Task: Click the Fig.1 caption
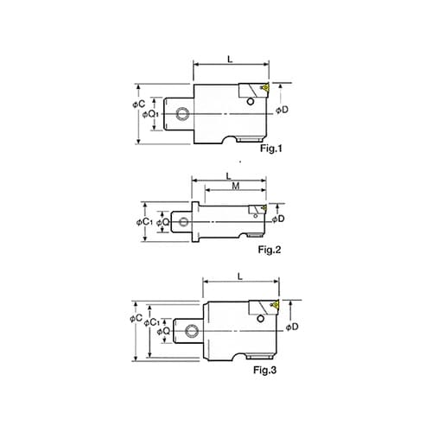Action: [x=271, y=149]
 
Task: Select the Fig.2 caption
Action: [x=270, y=250]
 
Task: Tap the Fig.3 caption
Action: [x=265, y=370]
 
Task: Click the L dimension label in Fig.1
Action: [x=230, y=60]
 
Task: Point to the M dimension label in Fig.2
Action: [x=236, y=186]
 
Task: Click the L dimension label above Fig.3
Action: [x=240, y=276]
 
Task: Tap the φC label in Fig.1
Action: [x=139, y=104]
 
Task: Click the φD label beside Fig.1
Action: [x=282, y=110]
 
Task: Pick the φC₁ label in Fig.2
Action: [x=144, y=222]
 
